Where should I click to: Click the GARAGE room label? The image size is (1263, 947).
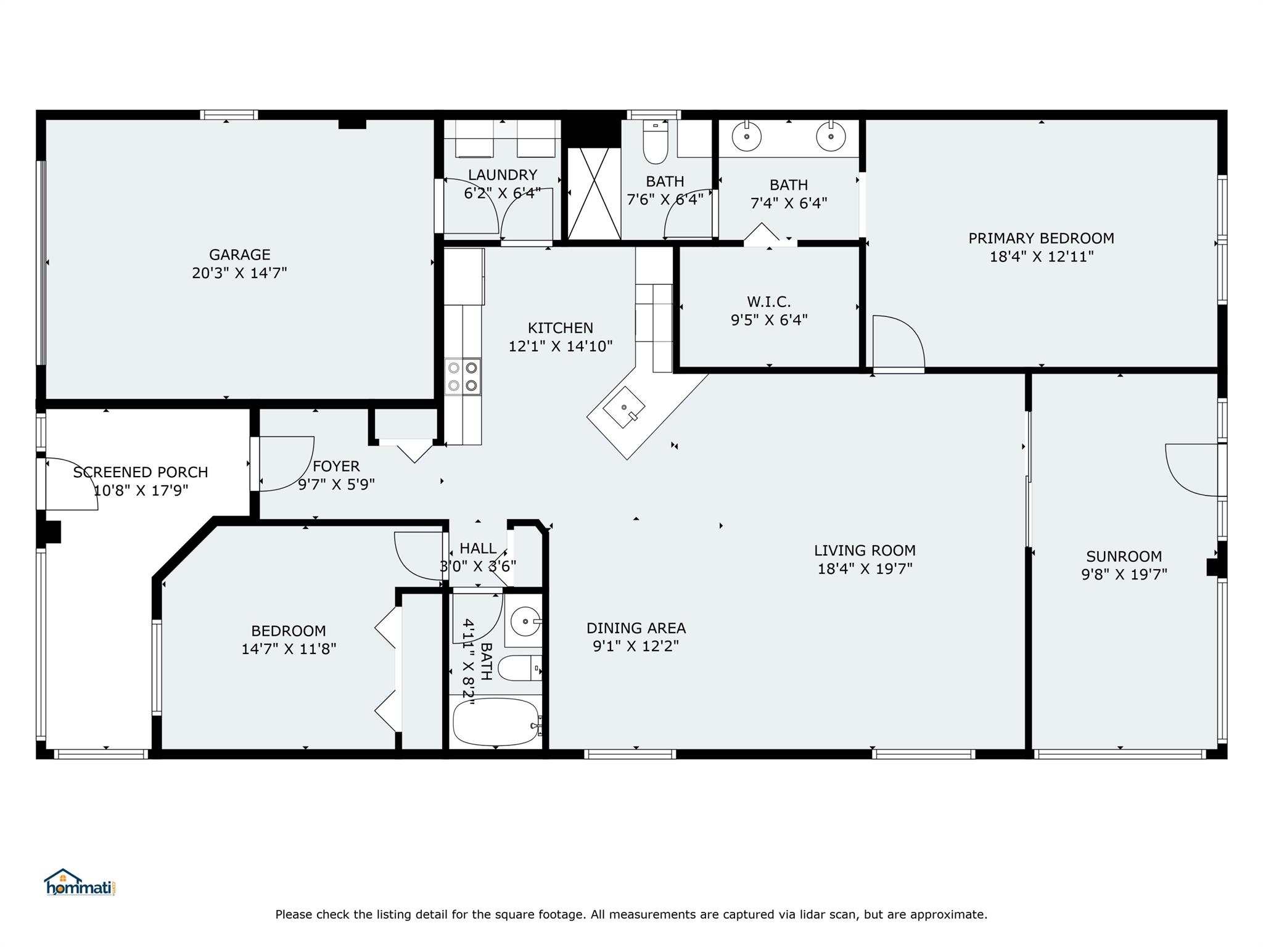[x=239, y=255]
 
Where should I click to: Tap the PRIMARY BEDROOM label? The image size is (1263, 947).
[x=1041, y=239]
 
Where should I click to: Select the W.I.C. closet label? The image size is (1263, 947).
[x=769, y=301]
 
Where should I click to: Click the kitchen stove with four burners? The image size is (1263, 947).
[x=463, y=377]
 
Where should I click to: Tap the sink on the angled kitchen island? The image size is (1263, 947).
[x=624, y=408]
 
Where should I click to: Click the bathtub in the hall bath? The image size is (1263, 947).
[x=496, y=722]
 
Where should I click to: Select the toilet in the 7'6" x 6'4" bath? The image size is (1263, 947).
[x=655, y=141]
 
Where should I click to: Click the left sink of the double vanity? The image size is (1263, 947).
[x=747, y=137]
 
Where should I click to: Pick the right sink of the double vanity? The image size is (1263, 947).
[x=831, y=137]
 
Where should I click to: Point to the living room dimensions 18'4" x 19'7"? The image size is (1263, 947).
[x=865, y=568]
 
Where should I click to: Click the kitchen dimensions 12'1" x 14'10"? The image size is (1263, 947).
[x=560, y=346]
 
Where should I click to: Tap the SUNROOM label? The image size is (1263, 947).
[x=1124, y=557]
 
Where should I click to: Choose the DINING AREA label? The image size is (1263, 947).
[x=636, y=628]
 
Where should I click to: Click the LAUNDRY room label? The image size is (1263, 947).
[x=502, y=175]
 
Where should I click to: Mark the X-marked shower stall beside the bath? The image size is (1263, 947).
[x=594, y=194]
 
